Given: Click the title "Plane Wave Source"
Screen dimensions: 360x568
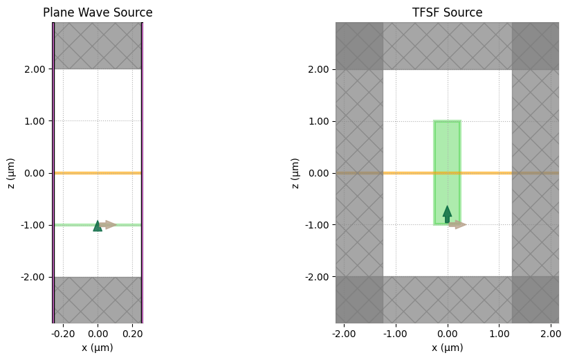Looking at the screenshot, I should [98, 12].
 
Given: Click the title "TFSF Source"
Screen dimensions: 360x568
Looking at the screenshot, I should [447, 12].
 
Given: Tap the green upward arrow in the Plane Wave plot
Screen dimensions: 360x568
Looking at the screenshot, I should [98, 226].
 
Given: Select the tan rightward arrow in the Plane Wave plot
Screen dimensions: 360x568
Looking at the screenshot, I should [109, 224].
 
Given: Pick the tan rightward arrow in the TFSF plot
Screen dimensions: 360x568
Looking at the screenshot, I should [457, 224].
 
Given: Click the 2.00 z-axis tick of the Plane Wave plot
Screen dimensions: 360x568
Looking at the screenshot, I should [35, 69].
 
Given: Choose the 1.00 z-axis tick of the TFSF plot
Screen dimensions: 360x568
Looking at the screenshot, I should [318, 121].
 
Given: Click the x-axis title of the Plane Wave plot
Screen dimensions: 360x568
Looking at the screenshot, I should [98, 348].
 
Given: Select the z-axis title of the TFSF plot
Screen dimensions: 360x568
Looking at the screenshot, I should [296, 173].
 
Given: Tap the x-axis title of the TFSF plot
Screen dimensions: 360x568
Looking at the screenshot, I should [447, 348].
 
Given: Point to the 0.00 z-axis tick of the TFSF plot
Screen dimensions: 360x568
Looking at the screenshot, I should [318, 173].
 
